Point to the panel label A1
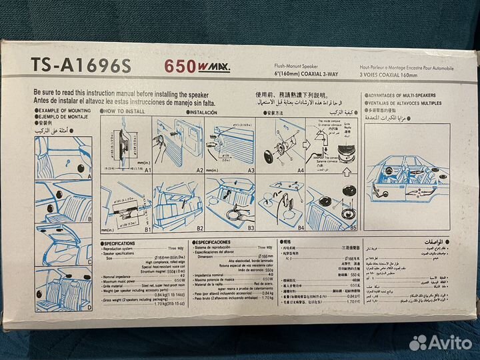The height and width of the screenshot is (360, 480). pyautogui.click(x=147, y=171)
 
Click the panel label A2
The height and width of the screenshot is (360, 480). pyautogui.click(x=199, y=171)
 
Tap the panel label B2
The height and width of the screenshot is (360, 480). pyautogui.click(x=199, y=227)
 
